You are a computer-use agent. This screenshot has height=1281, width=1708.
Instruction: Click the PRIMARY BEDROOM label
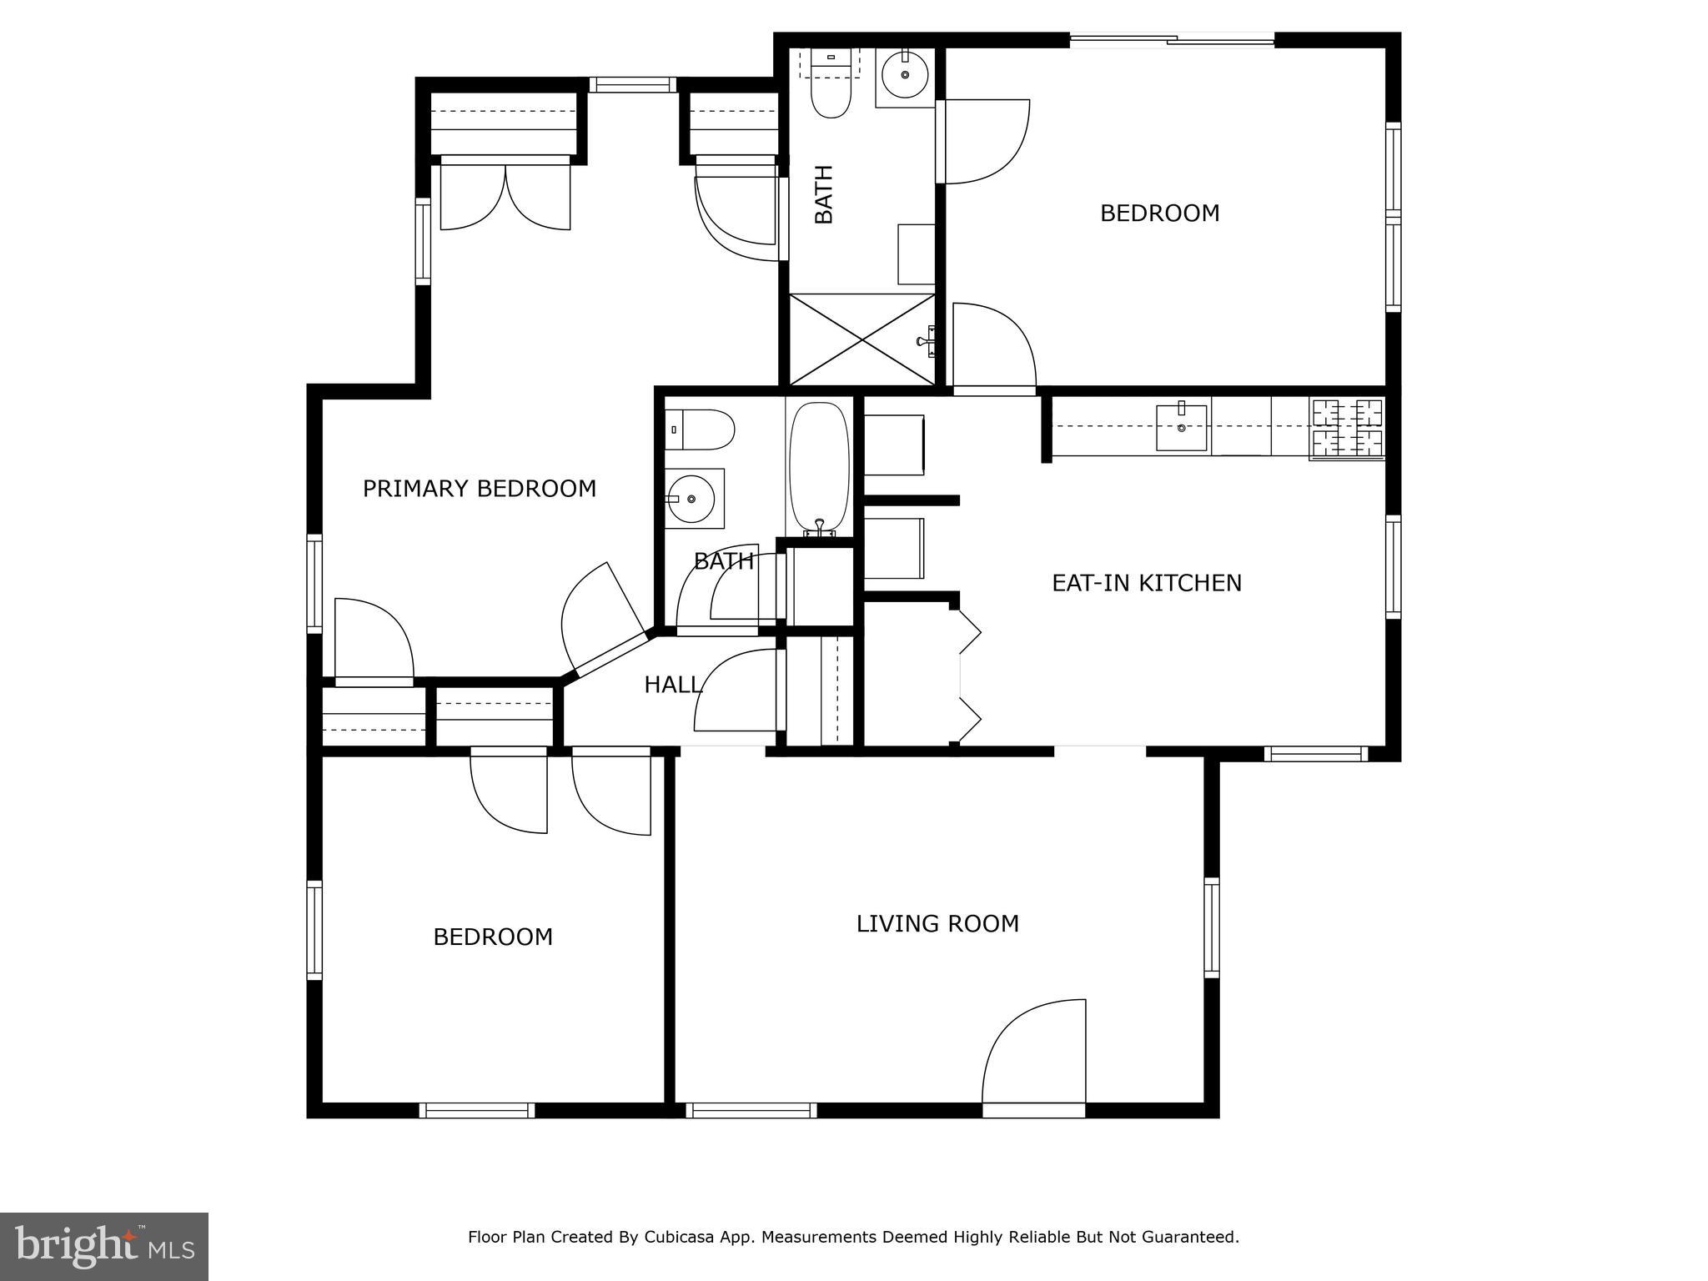pyautogui.click(x=479, y=489)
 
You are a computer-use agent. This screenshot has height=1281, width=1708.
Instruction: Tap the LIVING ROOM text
pyautogui.click(x=937, y=924)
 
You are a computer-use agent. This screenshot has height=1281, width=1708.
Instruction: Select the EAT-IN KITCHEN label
pyautogui.click(x=1146, y=583)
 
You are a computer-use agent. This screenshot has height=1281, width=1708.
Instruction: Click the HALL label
pyautogui.click(x=672, y=686)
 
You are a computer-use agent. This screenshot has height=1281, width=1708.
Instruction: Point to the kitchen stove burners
pyautogui.click(x=1347, y=428)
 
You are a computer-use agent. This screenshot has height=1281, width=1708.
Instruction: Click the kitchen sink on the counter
pyautogui.click(x=1181, y=428)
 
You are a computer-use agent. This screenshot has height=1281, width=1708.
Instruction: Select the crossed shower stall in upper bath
pyautogui.click(x=862, y=339)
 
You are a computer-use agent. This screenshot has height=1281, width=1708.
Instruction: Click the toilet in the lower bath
pyautogui.click(x=702, y=430)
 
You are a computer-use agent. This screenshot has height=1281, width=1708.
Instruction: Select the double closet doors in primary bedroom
pyautogui.click(x=505, y=196)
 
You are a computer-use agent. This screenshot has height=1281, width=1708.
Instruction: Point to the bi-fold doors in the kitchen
pyautogui.click(x=969, y=676)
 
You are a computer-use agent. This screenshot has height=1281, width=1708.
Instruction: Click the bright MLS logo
pyautogui.click(x=103, y=1246)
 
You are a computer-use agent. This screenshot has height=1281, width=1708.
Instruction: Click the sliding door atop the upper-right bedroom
pyautogui.click(x=1172, y=39)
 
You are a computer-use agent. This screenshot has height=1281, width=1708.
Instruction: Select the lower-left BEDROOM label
pyautogui.click(x=493, y=937)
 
